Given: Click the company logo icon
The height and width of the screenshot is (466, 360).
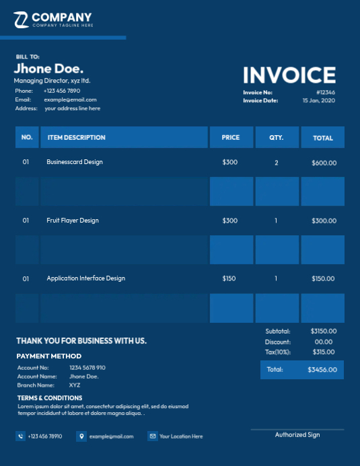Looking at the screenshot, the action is (x=21, y=20).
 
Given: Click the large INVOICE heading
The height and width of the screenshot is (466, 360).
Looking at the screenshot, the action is (x=289, y=75).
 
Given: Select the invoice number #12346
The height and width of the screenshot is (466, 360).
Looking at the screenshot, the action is (x=326, y=92).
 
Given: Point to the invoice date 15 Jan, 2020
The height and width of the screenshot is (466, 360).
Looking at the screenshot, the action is (x=318, y=100).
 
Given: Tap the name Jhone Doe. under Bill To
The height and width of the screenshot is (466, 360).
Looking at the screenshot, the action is (x=48, y=69).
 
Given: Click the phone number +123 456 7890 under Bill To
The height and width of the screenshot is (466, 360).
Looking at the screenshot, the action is (x=62, y=90).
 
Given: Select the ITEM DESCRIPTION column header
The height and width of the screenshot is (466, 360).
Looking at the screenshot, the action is (x=76, y=138).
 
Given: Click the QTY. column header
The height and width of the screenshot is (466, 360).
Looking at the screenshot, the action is (x=276, y=138).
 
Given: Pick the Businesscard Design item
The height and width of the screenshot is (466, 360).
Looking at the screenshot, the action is (x=75, y=162).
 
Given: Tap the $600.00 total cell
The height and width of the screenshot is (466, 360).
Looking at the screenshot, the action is (x=324, y=163).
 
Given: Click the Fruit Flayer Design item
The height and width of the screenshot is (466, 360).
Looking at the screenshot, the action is (x=73, y=221).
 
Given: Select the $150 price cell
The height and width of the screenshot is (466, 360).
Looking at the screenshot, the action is (x=229, y=278).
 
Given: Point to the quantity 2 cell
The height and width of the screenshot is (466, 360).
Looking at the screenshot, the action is (x=276, y=163).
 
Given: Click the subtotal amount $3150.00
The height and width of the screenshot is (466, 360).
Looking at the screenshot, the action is (x=324, y=331).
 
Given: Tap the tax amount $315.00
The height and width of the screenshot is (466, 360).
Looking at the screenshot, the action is (x=324, y=352).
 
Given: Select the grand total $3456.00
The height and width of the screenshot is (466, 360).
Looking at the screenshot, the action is (x=322, y=370).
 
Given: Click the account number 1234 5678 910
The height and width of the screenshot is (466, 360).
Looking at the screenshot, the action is (x=87, y=368).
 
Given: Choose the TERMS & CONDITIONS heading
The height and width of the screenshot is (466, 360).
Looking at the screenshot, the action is (x=50, y=398).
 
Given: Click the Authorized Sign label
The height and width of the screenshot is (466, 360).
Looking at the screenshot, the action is (x=297, y=435).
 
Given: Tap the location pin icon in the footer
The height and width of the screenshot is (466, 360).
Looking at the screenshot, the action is (x=81, y=436).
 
